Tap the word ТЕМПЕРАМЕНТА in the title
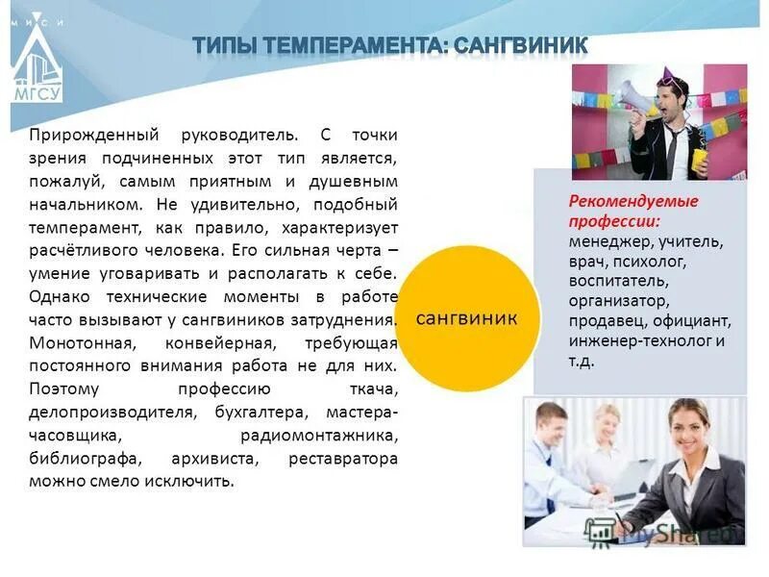point(353,45)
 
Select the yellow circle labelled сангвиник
point(465,318)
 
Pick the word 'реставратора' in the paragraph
point(343,459)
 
